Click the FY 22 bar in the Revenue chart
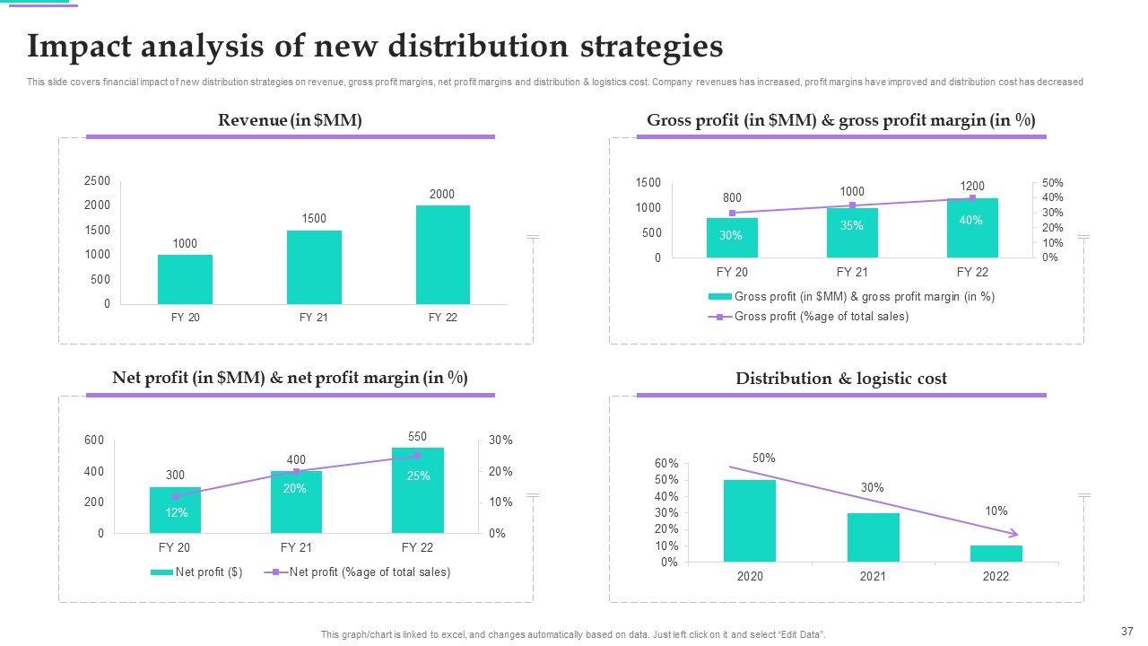pyautogui.click(x=442, y=255)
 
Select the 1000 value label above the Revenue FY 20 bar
pyautogui.click(x=185, y=244)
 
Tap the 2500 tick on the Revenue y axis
pyautogui.click(x=97, y=181)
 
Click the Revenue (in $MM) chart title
pyautogui.click(x=290, y=120)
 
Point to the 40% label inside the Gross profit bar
pyautogui.click(x=970, y=220)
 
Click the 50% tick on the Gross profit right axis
pyautogui.click(x=1053, y=183)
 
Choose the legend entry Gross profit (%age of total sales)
pyautogui.click(x=821, y=317)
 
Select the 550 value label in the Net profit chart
pyautogui.click(x=417, y=437)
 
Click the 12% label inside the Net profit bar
pyautogui.click(x=176, y=512)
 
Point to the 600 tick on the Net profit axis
pyautogui.click(x=94, y=441)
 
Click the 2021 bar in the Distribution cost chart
pyautogui.click(x=873, y=537)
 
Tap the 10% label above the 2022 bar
pyautogui.click(x=996, y=511)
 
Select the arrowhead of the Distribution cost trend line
pyautogui.click(x=1014, y=534)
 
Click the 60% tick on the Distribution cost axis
pyautogui.click(x=666, y=464)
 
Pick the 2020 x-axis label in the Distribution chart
pyautogui.click(x=750, y=577)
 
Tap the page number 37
pyautogui.click(x=1127, y=631)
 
